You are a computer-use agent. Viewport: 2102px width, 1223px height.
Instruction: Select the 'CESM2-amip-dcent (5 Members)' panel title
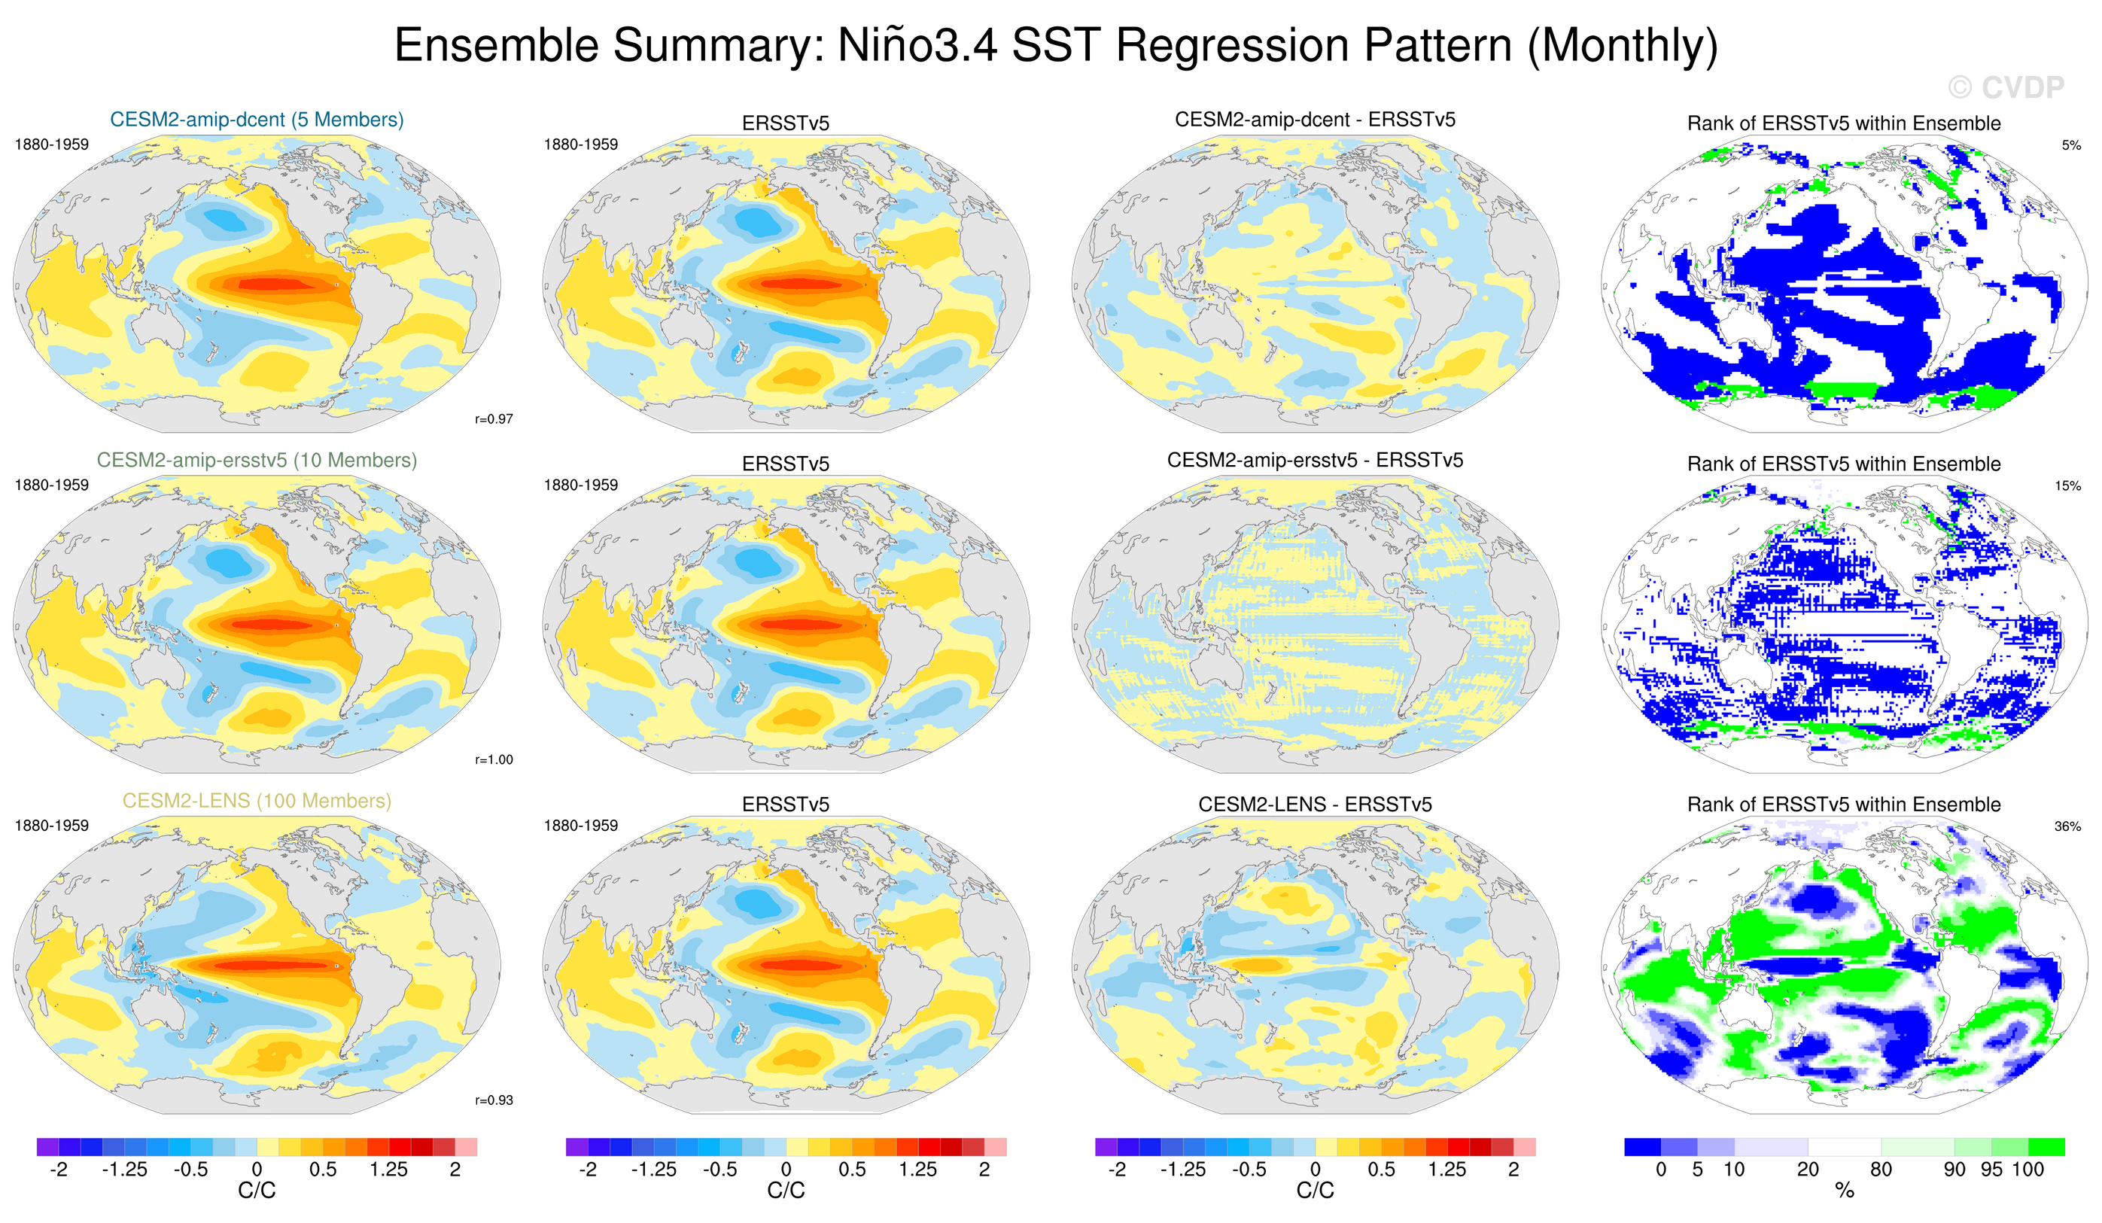point(257,120)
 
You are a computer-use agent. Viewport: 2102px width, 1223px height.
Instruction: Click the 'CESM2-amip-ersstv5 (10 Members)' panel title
point(257,460)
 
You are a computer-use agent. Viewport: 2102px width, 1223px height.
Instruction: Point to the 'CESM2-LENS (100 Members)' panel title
point(257,801)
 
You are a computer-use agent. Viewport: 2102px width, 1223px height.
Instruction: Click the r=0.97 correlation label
point(494,418)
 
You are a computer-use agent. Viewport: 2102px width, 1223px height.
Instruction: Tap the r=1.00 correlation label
point(494,759)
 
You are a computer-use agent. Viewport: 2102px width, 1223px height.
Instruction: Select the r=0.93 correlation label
point(494,1100)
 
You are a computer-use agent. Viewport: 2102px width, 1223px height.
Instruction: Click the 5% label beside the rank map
point(2071,145)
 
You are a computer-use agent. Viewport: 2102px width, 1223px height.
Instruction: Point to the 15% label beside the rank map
point(2068,485)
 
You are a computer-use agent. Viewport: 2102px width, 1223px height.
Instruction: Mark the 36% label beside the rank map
point(2068,826)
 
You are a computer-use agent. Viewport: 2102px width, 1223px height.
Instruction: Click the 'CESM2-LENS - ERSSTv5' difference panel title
point(1315,805)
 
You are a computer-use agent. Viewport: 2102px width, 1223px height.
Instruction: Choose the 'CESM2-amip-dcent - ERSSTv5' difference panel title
point(1315,120)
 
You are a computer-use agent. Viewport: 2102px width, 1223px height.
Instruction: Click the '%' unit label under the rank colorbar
point(1845,1191)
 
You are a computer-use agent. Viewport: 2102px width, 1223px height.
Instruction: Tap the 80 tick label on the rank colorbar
point(1881,1170)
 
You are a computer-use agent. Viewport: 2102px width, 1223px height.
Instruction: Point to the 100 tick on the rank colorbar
point(2027,1170)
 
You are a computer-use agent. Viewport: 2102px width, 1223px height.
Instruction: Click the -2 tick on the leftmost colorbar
point(59,1170)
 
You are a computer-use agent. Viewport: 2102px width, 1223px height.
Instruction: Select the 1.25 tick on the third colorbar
point(1446,1170)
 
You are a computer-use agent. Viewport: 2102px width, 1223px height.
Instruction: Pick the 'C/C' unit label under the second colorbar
point(786,1191)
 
